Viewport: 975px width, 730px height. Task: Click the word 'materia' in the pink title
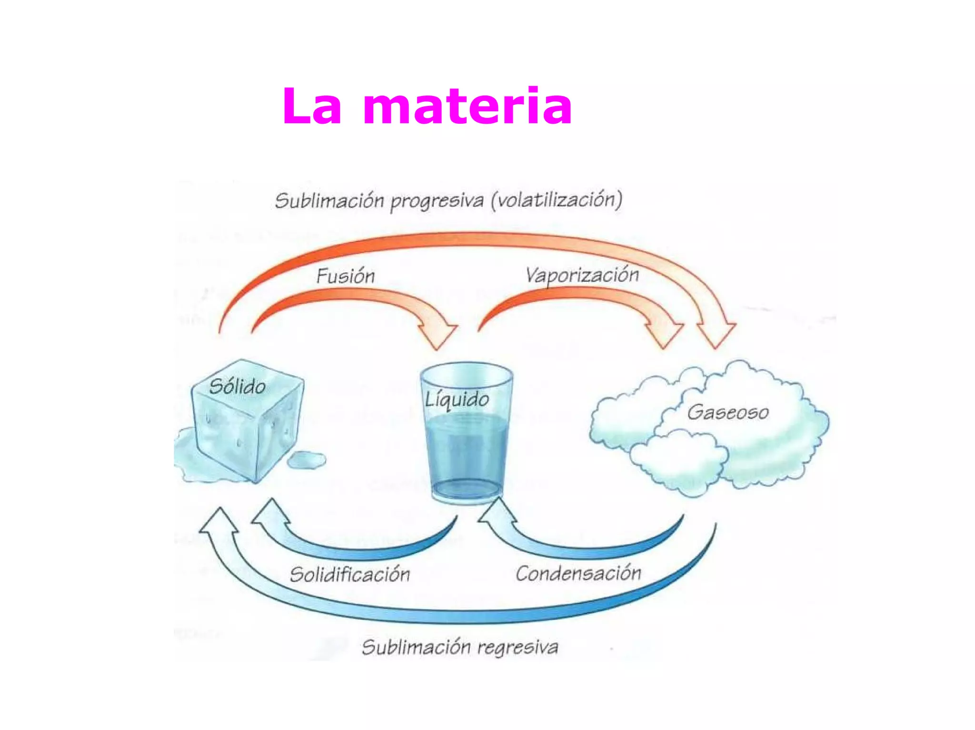pyautogui.click(x=467, y=107)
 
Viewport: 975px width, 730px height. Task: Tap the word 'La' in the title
pyautogui.click(x=312, y=107)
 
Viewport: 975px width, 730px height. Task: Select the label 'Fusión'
pyautogui.click(x=346, y=276)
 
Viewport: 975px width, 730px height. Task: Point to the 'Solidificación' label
pyautogui.click(x=350, y=574)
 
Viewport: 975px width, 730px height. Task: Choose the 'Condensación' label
pyautogui.click(x=578, y=573)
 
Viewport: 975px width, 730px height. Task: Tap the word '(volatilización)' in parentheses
pyautogui.click(x=557, y=200)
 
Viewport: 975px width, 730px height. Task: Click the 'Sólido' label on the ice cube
pyautogui.click(x=238, y=386)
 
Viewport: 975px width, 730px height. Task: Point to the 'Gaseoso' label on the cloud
pyautogui.click(x=728, y=412)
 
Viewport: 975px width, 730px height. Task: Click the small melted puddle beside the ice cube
pyautogui.click(x=307, y=460)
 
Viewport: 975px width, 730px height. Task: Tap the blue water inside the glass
pyautogui.click(x=467, y=452)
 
